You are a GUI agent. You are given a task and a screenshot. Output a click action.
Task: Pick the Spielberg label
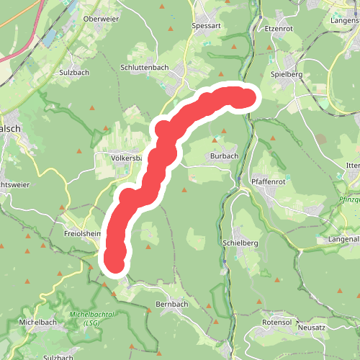point(287,74)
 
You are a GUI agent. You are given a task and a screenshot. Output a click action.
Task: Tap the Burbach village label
point(224,156)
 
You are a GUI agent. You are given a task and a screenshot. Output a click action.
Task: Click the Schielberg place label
point(240,243)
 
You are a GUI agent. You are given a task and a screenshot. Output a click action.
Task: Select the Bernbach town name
point(173,305)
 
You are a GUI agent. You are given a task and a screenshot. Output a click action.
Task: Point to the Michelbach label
point(37,322)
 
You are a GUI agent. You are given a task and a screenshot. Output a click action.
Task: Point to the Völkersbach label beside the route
point(128,157)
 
